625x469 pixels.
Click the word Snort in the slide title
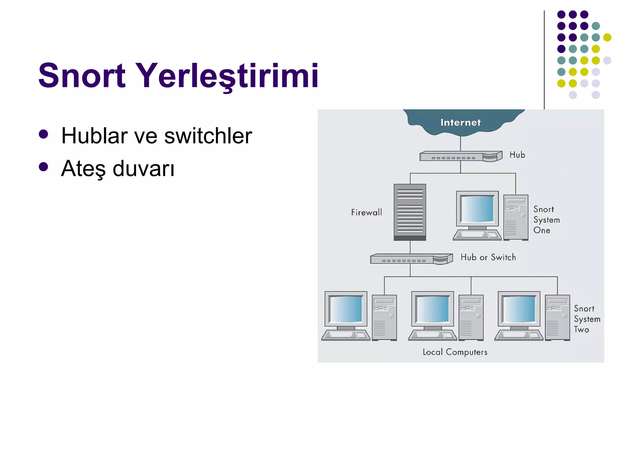click(x=81, y=75)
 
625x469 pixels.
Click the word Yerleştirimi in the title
click(x=227, y=75)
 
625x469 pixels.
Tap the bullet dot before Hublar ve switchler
click(x=43, y=134)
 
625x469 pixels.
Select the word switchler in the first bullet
click(x=208, y=136)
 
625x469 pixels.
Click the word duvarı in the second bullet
click(x=143, y=169)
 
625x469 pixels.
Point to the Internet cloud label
click(x=460, y=122)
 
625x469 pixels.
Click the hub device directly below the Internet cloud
click(x=460, y=156)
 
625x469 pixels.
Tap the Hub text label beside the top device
click(x=517, y=155)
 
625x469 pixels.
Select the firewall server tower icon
click(x=410, y=212)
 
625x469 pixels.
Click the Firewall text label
click(x=366, y=212)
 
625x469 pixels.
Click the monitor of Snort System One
click(x=477, y=209)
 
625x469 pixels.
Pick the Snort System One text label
click(x=546, y=220)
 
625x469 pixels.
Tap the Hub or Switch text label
click(x=488, y=257)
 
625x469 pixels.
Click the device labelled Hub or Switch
click(x=411, y=259)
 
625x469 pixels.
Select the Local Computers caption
click(x=455, y=352)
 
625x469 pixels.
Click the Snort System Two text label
click(x=586, y=319)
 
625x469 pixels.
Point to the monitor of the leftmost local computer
click(x=346, y=309)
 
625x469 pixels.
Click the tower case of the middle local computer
click(x=471, y=318)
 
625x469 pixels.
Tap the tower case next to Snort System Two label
click(x=557, y=318)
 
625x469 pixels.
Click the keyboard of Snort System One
click(x=477, y=235)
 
